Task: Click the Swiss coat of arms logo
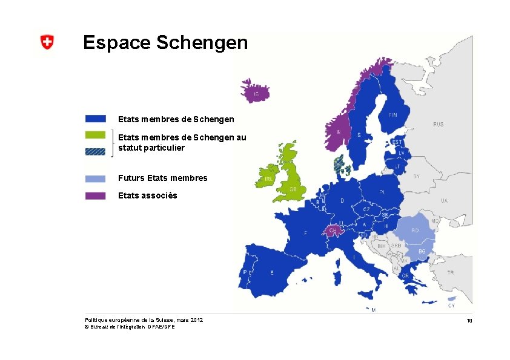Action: point(47,42)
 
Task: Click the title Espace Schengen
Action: point(165,42)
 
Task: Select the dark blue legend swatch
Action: point(95,119)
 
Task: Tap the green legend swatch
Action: point(95,135)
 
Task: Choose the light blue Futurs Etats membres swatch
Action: point(95,178)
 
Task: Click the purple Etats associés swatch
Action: point(95,195)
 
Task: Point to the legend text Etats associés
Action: point(148,195)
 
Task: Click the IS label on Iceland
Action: point(257,94)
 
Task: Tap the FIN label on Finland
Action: point(393,114)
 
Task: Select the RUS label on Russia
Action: point(438,124)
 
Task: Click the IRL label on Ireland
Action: point(268,180)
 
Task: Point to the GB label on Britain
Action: point(293,189)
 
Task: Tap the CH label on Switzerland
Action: point(333,231)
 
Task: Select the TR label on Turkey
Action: point(450,273)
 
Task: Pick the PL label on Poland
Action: point(382,192)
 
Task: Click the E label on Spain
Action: point(272,273)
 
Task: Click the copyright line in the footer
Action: point(130,327)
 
